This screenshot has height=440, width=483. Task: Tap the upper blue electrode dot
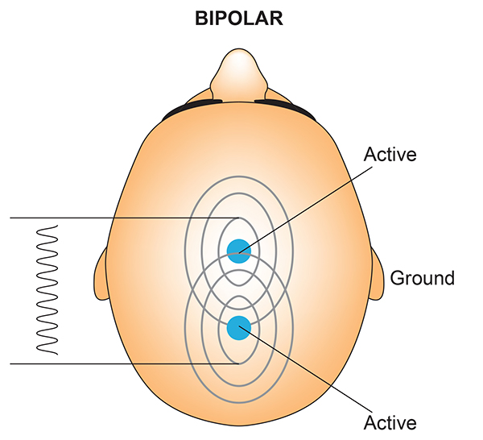[x=237, y=250]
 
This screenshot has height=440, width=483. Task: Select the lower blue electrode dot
[x=237, y=327]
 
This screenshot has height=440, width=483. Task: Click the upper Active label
[x=390, y=154]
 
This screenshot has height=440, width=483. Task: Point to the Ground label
[x=423, y=279]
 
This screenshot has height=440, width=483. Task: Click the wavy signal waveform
[x=47, y=290]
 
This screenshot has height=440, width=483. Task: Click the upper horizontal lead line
[x=121, y=218]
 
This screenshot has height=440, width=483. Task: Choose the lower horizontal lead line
[x=121, y=363]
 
